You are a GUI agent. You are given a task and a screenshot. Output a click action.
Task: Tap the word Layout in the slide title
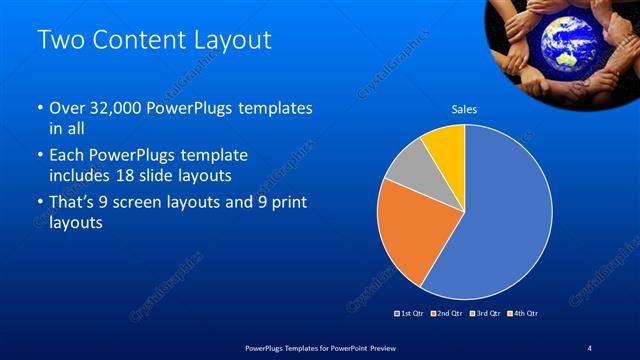coord(232,41)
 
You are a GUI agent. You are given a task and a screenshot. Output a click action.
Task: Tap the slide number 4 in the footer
coord(590,347)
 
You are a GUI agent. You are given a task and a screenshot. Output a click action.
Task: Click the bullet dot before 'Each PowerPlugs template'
coord(39,157)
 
